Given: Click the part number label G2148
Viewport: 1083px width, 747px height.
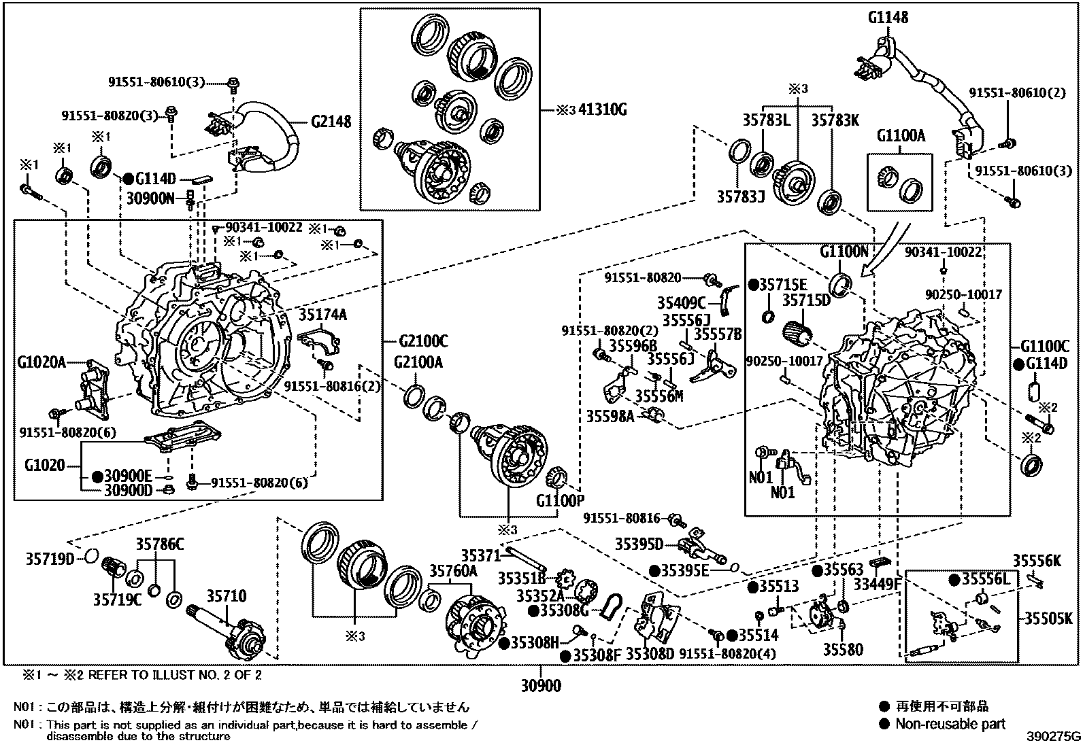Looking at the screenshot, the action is [x=331, y=122].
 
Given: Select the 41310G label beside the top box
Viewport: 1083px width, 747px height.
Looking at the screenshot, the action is [x=601, y=109].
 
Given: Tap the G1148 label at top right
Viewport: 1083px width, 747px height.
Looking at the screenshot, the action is [x=887, y=17].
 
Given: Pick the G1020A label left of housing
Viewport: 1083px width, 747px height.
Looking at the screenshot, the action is [x=41, y=362].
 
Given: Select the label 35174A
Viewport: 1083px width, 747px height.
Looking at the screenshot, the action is [x=322, y=314].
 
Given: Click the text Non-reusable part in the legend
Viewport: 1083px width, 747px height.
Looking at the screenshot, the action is [x=950, y=724].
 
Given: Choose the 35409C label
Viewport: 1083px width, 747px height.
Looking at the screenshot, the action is [x=682, y=302].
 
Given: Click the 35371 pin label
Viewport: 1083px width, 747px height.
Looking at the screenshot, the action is [x=480, y=555].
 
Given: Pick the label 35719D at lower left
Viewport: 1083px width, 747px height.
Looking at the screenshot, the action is [x=50, y=559].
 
